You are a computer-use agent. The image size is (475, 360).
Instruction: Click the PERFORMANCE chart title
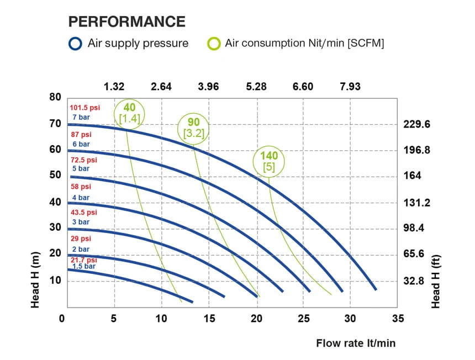(126, 22)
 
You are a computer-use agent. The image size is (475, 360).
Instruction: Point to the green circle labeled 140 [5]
(269, 161)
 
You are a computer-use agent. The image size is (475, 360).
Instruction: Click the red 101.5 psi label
(84, 108)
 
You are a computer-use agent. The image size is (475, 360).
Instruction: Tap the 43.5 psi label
(83, 213)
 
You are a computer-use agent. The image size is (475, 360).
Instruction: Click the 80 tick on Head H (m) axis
(55, 97)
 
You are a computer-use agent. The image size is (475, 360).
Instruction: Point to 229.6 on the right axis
(418, 124)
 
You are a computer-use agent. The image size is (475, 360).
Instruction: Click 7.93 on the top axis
(350, 87)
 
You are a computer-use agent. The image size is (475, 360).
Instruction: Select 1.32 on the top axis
(114, 87)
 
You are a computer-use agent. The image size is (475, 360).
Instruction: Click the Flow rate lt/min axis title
(356, 343)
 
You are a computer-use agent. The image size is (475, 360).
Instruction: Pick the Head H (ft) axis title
(436, 282)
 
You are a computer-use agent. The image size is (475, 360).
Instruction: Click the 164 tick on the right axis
(412, 176)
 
